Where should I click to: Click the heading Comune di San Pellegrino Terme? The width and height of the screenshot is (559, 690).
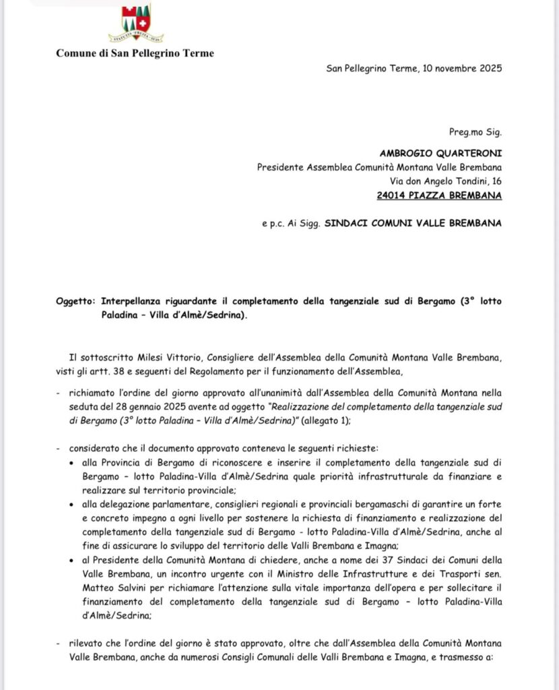tap(135, 53)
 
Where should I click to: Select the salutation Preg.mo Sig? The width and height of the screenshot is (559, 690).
tap(475, 132)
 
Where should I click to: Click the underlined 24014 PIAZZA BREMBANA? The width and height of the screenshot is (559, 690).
tap(440, 195)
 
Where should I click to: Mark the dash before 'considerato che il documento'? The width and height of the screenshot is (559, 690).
tap(59, 449)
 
